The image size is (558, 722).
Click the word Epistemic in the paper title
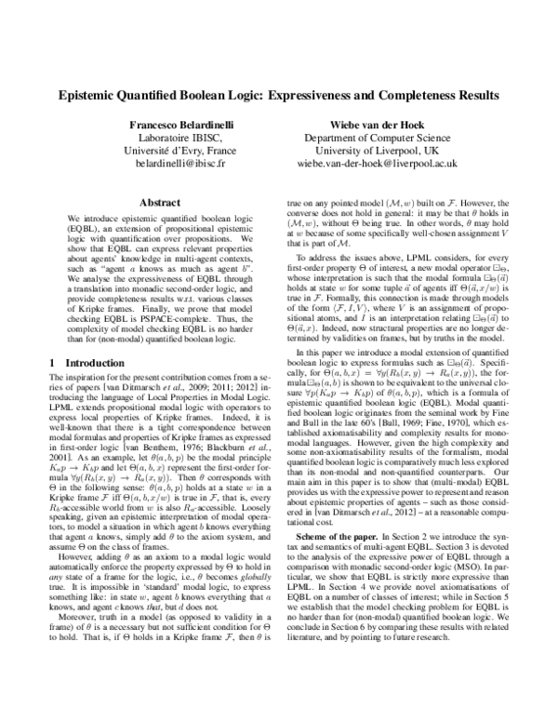(91, 95)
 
